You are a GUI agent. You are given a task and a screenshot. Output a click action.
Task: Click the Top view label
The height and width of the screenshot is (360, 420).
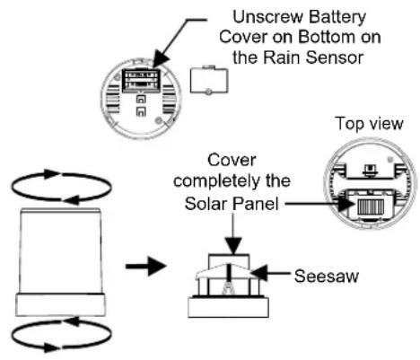pyautogui.click(x=369, y=123)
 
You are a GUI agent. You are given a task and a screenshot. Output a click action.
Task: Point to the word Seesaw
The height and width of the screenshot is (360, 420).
pyautogui.click(x=326, y=276)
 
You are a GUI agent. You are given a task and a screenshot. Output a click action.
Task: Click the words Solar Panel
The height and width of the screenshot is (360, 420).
pyautogui.click(x=232, y=204)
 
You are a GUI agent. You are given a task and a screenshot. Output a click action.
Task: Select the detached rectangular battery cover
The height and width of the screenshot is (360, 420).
pyautogui.click(x=209, y=80)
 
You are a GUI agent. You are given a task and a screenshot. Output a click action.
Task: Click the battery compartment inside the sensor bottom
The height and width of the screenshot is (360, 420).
pyautogui.click(x=141, y=80)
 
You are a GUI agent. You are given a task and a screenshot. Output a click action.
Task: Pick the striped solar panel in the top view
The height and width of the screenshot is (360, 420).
pyautogui.click(x=371, y=206)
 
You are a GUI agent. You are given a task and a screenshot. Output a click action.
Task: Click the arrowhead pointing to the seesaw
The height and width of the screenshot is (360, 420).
pyautogui.click(x=259, y=273)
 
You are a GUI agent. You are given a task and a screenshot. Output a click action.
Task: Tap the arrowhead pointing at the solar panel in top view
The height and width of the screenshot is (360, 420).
pyautogui.click(x=347, y=205)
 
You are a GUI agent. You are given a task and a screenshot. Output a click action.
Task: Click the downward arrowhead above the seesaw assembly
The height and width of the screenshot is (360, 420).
pyautogui.click(x=233, y=246)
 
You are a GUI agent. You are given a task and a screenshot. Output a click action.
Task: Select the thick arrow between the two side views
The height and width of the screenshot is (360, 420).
pyautogui.click(x=145, y=266)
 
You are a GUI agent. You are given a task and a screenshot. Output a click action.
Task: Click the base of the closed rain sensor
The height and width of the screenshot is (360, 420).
pyautogui.click(x=60, y=304)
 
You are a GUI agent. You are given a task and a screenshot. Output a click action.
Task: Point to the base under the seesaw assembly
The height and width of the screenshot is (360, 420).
pyautogui.click(x=228, y=308)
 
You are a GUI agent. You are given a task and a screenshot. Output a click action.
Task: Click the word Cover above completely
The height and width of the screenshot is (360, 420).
pyautogui.click(x=232, y=160)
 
